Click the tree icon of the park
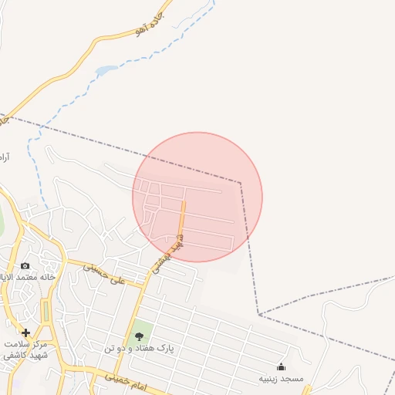click(140, 336)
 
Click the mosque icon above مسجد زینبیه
click(281, 366)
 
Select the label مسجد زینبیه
click(281, 379)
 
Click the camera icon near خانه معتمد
click(25, 266)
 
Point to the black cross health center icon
click(26, 333)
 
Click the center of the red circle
click(197, 197)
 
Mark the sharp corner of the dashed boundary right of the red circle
click(240, 184)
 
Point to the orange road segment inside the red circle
click(183, 220)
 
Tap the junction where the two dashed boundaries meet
click(259, 315)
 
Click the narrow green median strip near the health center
click(45, 312)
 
